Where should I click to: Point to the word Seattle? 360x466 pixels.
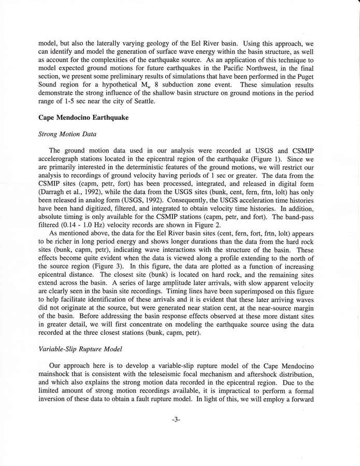(x=142, y=101)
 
